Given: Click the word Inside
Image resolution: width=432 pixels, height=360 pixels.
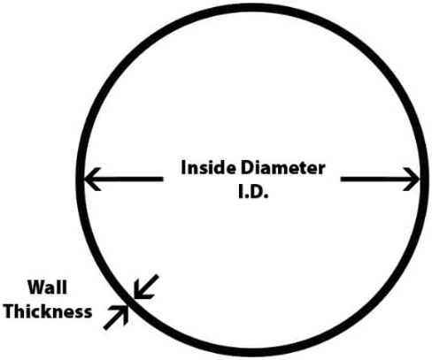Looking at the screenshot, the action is click(x=208, y=167).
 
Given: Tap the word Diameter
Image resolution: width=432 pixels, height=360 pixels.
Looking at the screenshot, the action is click(x=283, y=168).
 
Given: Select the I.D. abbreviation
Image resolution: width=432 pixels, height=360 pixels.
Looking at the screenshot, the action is click(x=253, y=193).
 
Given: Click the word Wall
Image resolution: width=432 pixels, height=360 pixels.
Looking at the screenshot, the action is click(x=47, y=287).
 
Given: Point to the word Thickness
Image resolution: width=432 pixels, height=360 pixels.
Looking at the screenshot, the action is click(x=48, y=311).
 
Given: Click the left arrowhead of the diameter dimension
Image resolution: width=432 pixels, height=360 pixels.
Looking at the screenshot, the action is click(x=92, y=179).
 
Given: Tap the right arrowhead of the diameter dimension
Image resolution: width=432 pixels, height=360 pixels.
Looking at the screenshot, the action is click(x=411, y=179).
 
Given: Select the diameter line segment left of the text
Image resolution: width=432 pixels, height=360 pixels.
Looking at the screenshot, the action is click(x=123, y=179).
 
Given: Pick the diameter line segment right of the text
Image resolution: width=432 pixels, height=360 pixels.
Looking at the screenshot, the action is click(x=380, y=179).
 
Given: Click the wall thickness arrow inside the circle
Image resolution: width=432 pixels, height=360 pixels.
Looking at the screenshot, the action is click(x=146, y=287).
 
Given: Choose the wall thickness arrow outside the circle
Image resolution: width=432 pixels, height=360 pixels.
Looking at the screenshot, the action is click(x=116, y=318).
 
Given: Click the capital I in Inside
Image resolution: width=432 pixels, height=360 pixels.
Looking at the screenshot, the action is click(x=183, y=167).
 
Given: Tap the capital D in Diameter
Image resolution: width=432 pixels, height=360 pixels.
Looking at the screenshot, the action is click(x=247, y=168).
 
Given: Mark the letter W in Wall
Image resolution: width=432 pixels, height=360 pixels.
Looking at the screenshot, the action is click(x=36, y=287).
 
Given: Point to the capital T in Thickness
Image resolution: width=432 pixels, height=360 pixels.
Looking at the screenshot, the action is click(x=11, y=311).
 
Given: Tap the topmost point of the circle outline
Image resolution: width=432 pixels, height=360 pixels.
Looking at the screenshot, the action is click(x=251, y=6).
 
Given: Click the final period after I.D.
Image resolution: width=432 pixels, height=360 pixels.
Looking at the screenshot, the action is click(x=266, y=196).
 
